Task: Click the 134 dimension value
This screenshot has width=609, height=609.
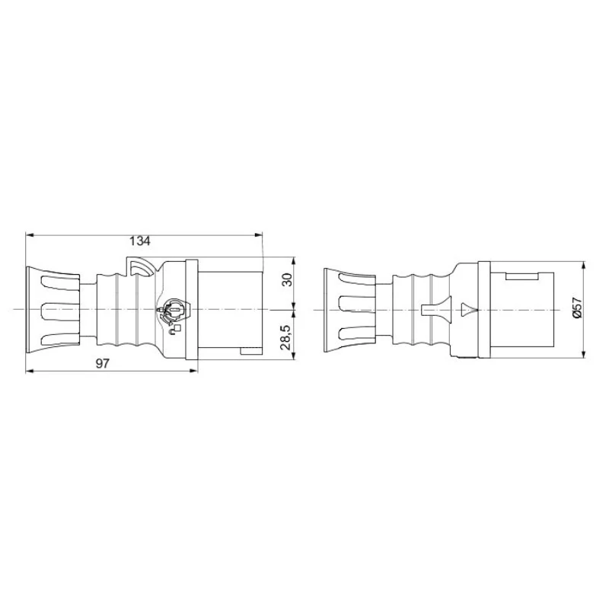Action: pos(139,241)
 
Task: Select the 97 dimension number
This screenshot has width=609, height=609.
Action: pos(104,364)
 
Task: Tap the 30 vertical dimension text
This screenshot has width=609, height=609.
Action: pos(286,280)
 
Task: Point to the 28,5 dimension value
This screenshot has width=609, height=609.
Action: pos(286,336)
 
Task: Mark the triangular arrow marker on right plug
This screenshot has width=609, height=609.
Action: pos(467,309)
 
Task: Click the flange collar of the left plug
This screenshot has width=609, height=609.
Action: pos(191,309)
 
